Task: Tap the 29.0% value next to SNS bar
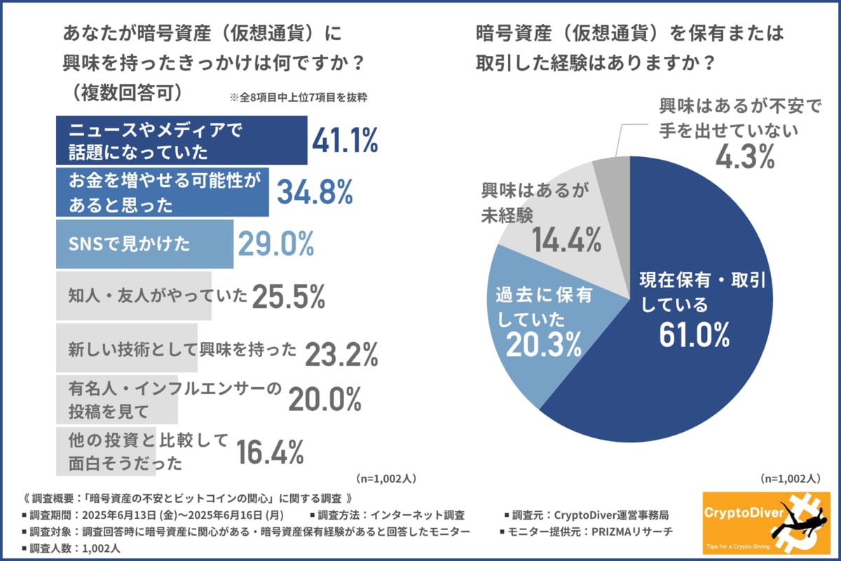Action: coord(275,243)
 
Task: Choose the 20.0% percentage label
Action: coord(324,400)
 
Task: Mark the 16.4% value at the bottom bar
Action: coord(270,452)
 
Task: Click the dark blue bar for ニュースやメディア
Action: coord(181,140)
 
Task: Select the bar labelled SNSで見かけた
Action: coord(144,243)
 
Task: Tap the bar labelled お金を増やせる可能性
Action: coord(161,191)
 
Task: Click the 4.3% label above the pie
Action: coord(745,156)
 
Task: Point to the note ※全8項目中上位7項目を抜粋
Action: coord(299,97)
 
